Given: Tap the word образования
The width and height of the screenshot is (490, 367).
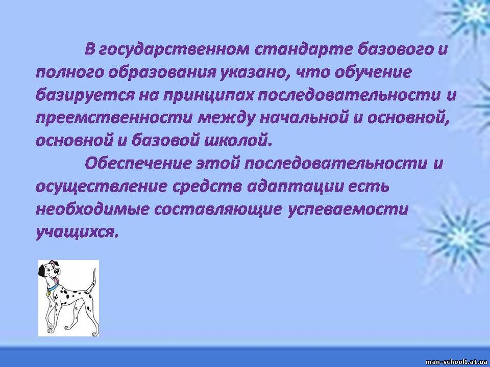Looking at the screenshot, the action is click(x=162, y=73).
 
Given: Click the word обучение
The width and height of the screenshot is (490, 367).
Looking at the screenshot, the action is click(x=373, y=73).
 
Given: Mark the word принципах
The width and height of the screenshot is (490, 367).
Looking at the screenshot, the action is click(x=208, y=96).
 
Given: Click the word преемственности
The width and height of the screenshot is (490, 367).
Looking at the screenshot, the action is click(x=114, y=118).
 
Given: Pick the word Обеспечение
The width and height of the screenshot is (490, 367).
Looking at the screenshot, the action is click(x=138, y=163).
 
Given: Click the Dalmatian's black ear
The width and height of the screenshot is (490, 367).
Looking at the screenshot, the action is click(x=41, y=271).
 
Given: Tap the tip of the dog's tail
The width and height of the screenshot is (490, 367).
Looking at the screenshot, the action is click(x=94, y=269).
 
